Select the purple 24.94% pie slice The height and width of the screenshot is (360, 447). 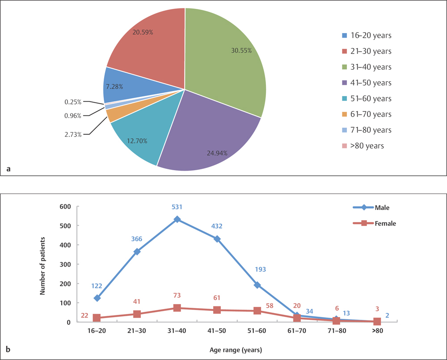click(210, 134)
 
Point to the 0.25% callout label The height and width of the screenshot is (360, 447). click(72, 102)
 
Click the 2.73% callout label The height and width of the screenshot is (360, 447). click(72, 134)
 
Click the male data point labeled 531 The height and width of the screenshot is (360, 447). click(177, 219)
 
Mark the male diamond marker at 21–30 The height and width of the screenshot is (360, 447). click(137, 251)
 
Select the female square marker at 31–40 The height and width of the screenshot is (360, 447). click(177, 308)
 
